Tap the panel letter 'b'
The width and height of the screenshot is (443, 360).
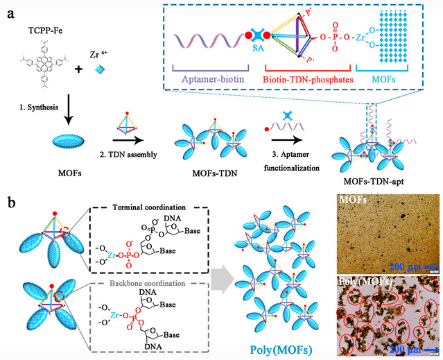[10, 203]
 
